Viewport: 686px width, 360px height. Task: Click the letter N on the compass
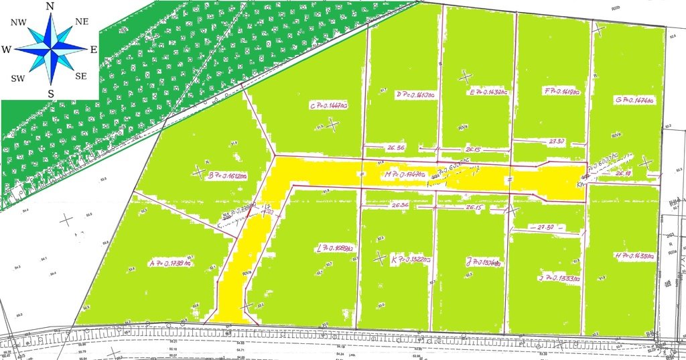click(x=50, y=6)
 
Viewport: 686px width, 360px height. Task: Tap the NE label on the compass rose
click(x=82, y=21)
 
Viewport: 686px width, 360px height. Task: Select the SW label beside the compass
click(x=17, y=78)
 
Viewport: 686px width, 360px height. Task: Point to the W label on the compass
click(x=6, y=50)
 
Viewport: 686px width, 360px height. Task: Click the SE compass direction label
click(x=81, y=76)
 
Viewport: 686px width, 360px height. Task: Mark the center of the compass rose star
click(x=50, y=49)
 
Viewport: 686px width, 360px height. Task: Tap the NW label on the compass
click(x=18, y=22)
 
